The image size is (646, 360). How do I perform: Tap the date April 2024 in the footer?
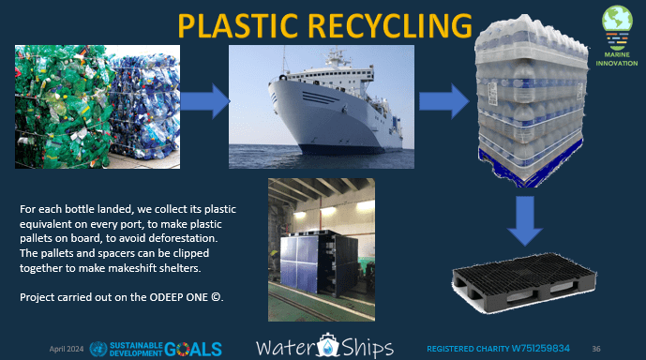coord(67,348)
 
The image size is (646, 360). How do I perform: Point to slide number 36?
coord(623,348)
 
